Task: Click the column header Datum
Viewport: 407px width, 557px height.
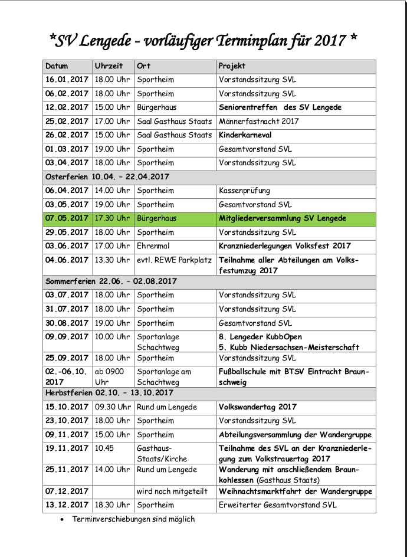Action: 57,66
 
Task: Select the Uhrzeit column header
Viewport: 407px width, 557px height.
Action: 109,66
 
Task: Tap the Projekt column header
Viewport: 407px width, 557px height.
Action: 232,66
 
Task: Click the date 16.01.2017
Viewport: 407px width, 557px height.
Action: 67,80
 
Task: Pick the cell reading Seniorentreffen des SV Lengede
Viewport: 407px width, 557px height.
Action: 280,107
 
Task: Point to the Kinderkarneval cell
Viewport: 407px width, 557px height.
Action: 245,135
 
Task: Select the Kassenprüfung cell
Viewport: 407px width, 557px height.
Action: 245,191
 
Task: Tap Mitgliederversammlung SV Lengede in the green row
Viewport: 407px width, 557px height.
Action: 283,218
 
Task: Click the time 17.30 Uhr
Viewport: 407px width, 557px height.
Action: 112,218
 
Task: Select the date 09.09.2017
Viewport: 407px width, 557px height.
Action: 67,337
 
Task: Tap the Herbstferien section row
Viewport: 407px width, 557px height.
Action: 109,393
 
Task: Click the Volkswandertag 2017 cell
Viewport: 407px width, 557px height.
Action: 258,407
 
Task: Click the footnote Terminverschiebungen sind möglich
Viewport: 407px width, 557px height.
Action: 133,519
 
